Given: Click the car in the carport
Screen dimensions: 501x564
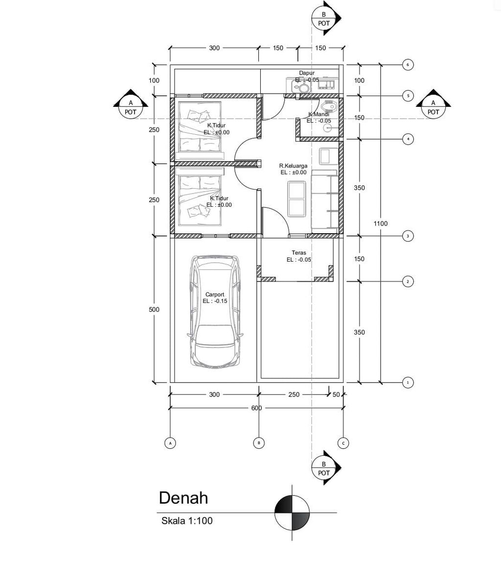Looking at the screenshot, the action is [x=214, y=311].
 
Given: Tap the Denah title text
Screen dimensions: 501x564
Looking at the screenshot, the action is [x=183, y=498].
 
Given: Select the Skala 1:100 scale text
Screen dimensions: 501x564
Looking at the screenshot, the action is [x=187, y=520].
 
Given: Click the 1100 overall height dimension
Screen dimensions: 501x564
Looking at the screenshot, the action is [x=380, y=223].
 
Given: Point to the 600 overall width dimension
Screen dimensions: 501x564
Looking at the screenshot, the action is [x=256, y=408].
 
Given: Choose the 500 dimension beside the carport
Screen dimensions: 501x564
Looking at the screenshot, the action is [x=154, y=309].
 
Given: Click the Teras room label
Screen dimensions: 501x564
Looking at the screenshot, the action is [x=299, y=252].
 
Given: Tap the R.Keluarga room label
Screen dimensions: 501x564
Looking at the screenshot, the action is [x=294, y=166].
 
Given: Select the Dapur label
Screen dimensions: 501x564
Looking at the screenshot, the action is [x=307, y=73].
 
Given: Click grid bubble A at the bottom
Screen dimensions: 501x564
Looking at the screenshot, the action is [x=170, y=443].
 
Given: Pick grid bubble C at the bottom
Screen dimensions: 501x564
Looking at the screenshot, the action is [x=343, y=443].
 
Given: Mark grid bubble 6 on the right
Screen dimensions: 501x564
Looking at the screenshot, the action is [x=408, y=65].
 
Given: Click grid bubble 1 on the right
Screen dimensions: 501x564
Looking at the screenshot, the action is [x=408, y=382].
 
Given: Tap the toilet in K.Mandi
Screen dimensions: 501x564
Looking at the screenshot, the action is [x=329, y=106].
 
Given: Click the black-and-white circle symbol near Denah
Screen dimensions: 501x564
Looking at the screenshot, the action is [x=292, y=513].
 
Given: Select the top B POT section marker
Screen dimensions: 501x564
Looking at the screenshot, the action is [x=325, y=18].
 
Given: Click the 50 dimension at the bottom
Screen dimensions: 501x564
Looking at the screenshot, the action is [x=336, y=394].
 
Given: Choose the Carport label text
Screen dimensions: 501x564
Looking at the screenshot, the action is [x=215, y=294].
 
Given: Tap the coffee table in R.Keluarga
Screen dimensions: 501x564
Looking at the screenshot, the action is [x=297, y=199].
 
